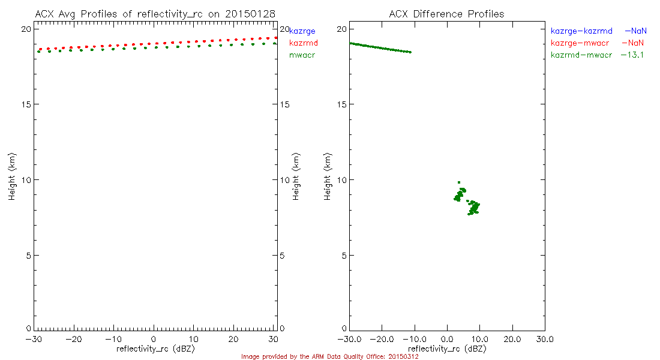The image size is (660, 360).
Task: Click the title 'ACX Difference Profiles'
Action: (x=446, y=14)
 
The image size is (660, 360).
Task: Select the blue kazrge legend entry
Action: (x=302, y=31)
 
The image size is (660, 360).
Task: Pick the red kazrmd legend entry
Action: (x=303, y=43)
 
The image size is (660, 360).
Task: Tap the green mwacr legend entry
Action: (x=302, y=55)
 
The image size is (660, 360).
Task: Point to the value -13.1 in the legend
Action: (x=632, y=55)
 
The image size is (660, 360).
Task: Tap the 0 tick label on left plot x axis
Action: (x=154, y=339)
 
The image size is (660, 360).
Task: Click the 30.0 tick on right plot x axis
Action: (x=545, y=339)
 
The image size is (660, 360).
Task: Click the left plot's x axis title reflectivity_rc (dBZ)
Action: (x=155, y=348)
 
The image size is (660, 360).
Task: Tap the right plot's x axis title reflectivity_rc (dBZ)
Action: (x=447, y=348)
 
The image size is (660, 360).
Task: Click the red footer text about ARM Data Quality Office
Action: (x=329, y=356)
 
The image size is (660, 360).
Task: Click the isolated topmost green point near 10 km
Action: (x=459, y=182)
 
